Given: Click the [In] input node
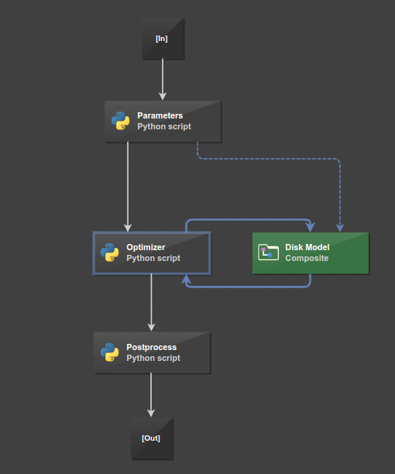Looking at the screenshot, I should point(163,39).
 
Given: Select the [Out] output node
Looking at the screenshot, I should point(151,438).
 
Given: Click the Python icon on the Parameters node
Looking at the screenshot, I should point(120,121).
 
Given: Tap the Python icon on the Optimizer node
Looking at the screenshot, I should point(109,252).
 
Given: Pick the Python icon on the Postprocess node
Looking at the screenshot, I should point(109,353).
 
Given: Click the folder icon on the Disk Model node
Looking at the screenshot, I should point(268,252).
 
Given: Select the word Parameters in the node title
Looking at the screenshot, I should point(160,115).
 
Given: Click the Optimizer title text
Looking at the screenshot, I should point(146,247).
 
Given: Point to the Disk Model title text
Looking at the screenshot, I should point(307,247).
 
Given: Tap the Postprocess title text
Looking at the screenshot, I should point(151,348).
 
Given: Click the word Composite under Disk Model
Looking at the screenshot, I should point(306,258).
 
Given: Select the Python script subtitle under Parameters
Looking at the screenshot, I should point(163,126).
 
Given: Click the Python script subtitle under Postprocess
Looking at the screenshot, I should point(153,359).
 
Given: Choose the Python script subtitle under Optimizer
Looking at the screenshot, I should point(153,258).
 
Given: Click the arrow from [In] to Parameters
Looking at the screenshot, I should point(163,79).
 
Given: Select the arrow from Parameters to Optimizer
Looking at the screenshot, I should point(128,186).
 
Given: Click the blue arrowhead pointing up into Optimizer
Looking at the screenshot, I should point(186,279).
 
